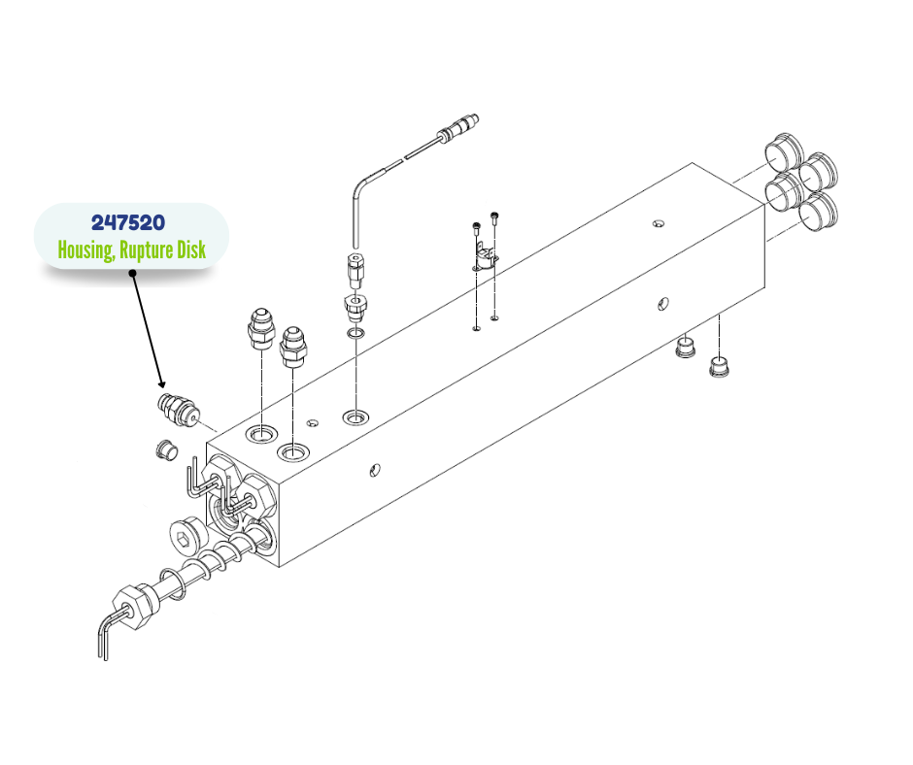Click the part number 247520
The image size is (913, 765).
128,222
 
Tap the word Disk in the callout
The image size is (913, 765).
191,249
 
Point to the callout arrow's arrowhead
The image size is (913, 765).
161,382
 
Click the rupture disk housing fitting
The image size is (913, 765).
178,410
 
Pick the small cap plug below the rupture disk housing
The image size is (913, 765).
165,450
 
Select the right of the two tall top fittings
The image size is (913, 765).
292,347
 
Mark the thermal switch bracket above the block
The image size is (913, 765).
484,259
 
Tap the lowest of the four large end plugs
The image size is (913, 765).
818,212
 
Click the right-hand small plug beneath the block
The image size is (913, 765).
721,366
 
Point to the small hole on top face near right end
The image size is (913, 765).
658,223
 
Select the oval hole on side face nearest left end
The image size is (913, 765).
375,469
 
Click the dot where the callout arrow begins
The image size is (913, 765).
133,273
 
